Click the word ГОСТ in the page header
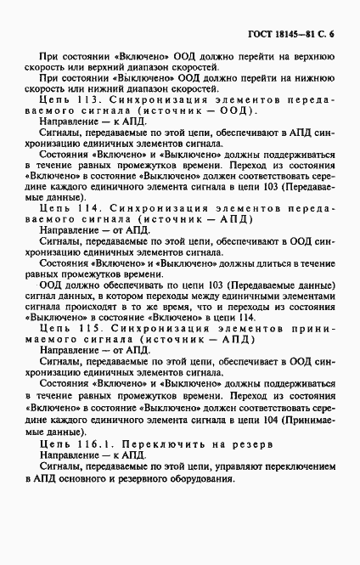261,34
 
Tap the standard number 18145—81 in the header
296,34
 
